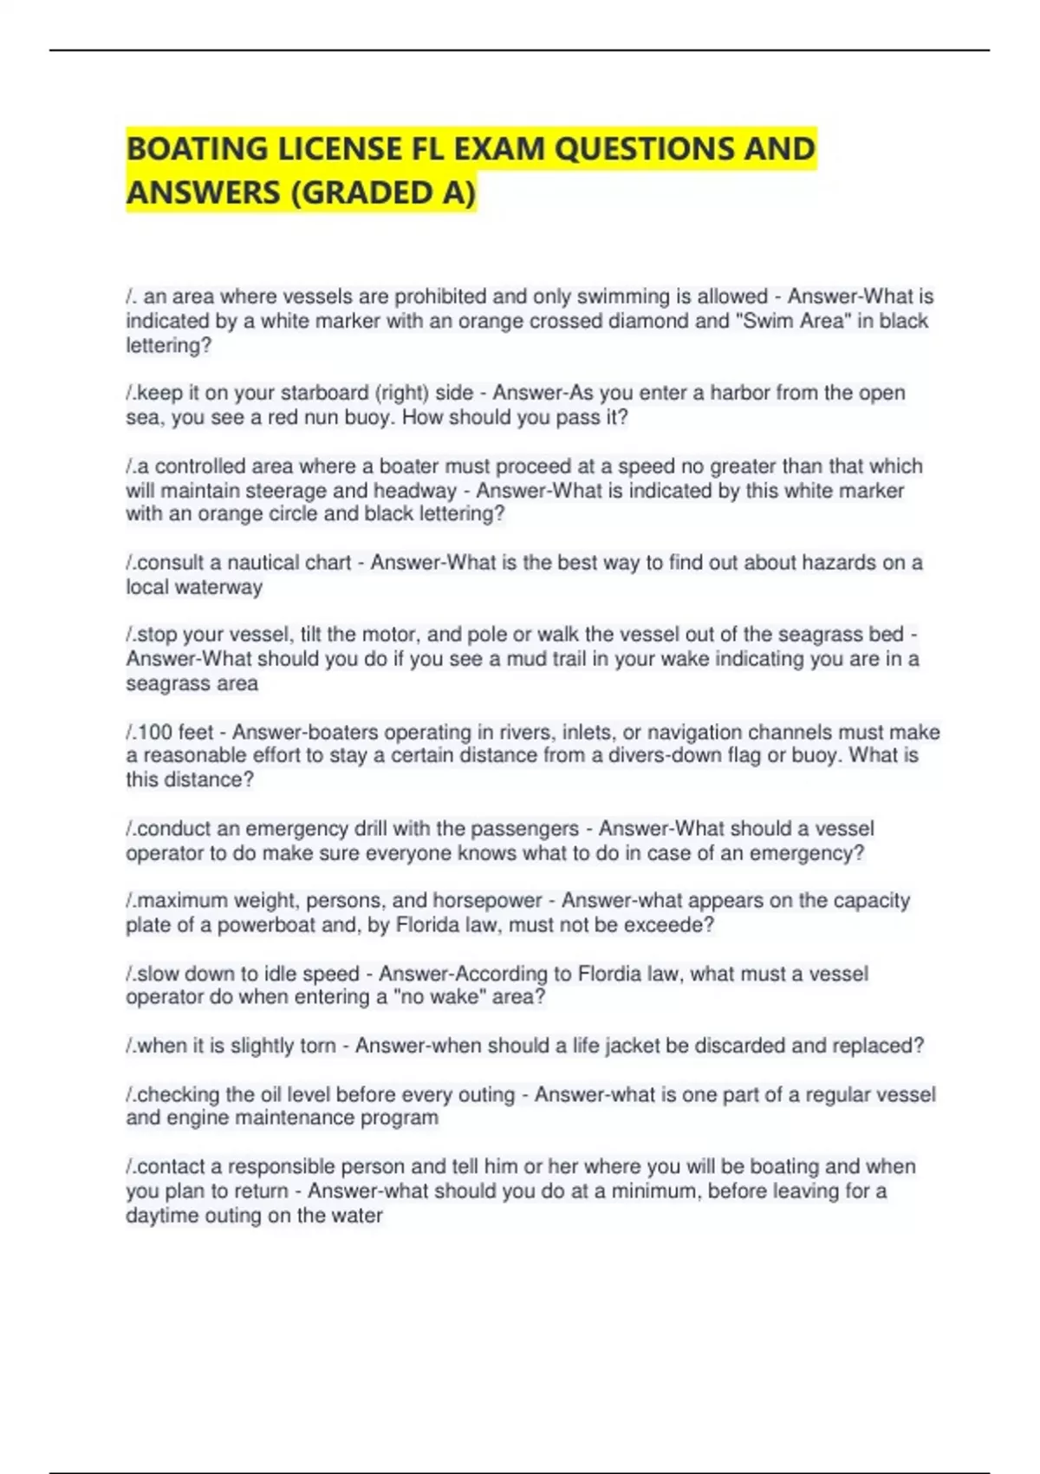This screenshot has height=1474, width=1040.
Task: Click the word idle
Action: [280, 974]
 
